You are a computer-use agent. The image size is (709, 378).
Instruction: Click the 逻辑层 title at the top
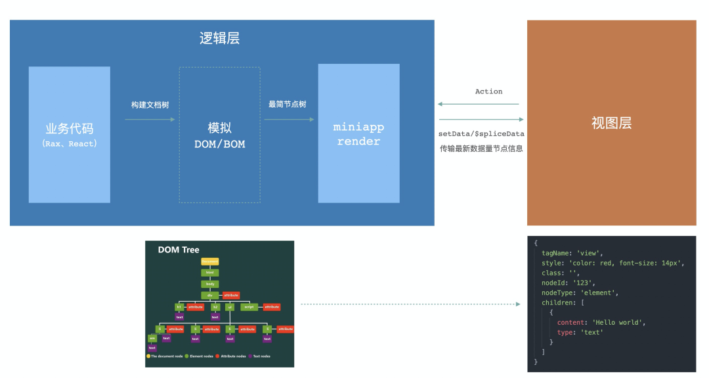pos(219,38)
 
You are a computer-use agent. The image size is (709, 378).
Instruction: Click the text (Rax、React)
pos(69,143)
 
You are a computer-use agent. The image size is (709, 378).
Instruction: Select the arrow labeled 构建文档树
pos(150,120)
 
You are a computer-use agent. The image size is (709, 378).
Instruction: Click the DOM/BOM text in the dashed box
pos(219,143)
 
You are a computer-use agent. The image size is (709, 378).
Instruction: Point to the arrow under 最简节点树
pos(288,120)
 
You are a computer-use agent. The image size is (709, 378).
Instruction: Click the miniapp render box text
pos(358,133)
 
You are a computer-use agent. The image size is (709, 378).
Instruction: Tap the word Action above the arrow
pos(488,91)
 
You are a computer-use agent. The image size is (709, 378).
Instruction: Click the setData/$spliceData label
pos(481,133)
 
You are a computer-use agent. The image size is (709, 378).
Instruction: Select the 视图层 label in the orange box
pos(611,123)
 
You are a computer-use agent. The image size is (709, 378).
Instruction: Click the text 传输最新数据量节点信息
pos(481,149)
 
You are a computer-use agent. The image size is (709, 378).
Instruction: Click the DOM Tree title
pos(179,250)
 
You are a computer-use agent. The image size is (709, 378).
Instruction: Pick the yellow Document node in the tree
pos(210,262)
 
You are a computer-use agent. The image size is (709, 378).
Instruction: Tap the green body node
pos(210,284)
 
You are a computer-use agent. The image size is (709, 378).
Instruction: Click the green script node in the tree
pos(249,307)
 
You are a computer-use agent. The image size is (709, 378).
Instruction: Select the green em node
pos(152,338)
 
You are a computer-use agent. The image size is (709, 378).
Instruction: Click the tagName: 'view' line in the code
pos(572,252)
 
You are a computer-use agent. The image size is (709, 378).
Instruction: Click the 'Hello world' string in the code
pos(619,322)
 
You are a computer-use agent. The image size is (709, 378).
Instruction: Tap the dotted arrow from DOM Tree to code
pos(410,304)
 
